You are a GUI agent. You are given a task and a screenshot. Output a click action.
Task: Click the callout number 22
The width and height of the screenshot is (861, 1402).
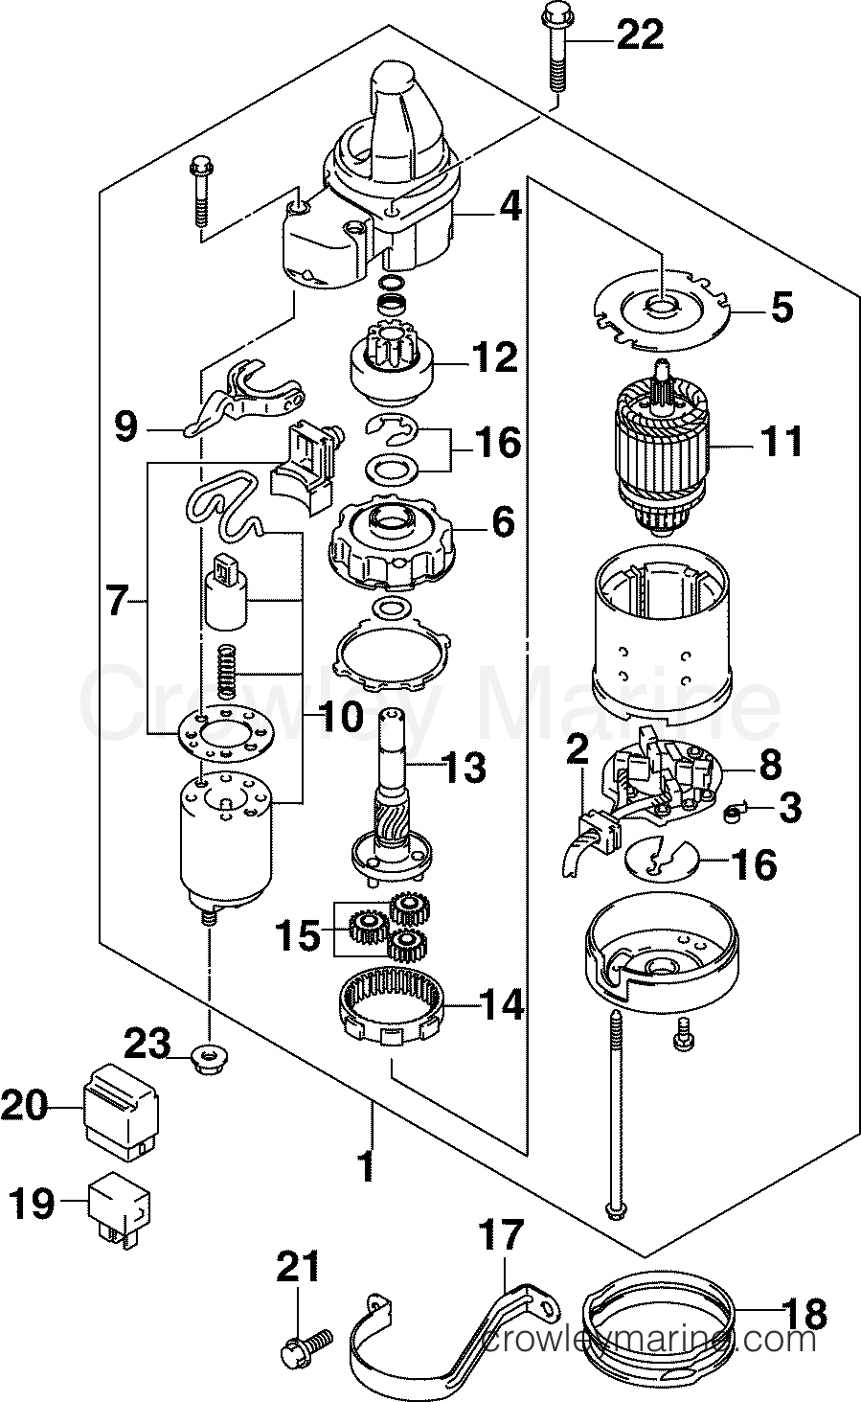tap(640, 35)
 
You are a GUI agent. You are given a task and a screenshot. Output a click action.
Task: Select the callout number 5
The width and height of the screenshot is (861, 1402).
tap(782, 307)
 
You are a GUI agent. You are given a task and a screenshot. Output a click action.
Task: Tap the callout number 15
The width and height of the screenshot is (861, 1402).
tap(298, 935)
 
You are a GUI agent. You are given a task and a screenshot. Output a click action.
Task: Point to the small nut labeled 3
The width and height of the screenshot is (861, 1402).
tap(732, 813)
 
